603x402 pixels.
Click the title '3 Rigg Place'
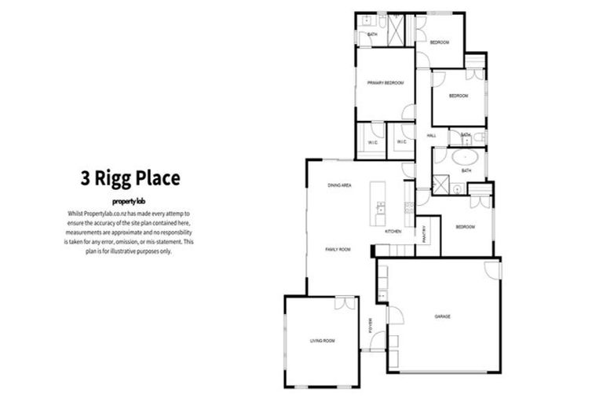coord(130,177)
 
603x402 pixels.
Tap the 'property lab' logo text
coord(130,201)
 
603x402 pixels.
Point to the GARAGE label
coord(443,316)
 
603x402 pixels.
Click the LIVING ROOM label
coord(322,340)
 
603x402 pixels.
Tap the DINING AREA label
coord(339,185)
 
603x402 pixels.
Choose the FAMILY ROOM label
coord(338,249)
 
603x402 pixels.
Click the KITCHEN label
coord(393,232)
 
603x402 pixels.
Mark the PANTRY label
coord(423,234)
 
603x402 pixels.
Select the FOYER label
coord(371,325)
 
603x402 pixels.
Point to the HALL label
coord(431,136)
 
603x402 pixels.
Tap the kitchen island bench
coord(381,200)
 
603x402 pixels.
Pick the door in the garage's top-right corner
coord(492,269)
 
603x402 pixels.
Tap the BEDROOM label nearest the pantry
coord(466,227)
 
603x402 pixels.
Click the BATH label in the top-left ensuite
coord(372,34)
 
